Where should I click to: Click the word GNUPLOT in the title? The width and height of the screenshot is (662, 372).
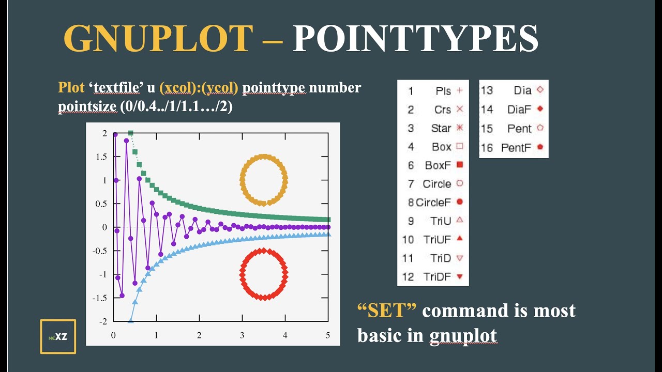click(158, 39)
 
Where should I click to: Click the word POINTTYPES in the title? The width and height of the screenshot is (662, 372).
click(415, 39)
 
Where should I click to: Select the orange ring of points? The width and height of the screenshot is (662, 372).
click(264, 156)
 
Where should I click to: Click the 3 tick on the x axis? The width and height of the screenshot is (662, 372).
click(242, 335)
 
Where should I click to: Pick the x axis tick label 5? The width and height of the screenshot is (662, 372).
click(328, 335)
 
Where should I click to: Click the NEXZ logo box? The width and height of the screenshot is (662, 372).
click(58, 336)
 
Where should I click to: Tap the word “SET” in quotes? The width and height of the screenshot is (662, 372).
click(387, 311)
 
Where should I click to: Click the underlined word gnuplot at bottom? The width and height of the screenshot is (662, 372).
click(463, 335)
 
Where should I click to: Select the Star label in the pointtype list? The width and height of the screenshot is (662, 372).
click(441, 128)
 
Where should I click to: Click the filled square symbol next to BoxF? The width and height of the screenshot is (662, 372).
click(460, 165)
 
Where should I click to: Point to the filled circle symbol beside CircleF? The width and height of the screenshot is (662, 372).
click(460, 202)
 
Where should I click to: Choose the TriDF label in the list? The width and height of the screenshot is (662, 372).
click(437, 276)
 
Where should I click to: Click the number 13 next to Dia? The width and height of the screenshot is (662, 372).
click(487, 90)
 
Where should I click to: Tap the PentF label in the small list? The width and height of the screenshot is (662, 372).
click(516, 148)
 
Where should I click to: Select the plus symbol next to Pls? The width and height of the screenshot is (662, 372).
click(460, 91)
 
